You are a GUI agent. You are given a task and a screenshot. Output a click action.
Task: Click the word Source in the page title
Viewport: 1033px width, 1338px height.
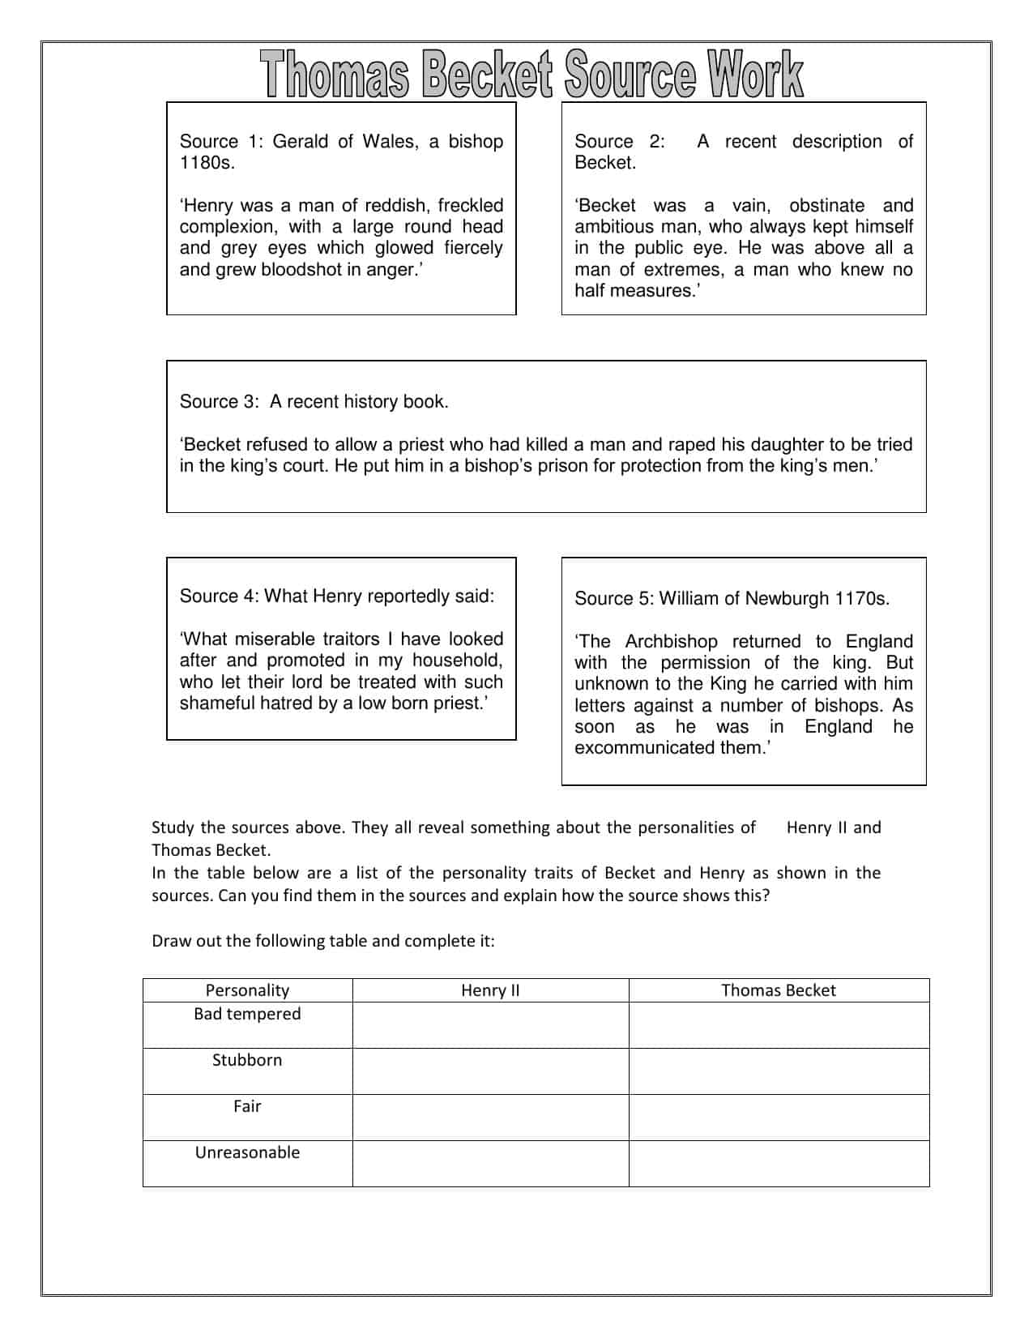[x=630, y=75]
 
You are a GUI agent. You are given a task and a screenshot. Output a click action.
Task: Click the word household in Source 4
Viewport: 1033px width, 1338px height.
[x=457, y=660]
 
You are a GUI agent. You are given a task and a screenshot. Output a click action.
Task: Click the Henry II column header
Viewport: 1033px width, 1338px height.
[x=490, y=990]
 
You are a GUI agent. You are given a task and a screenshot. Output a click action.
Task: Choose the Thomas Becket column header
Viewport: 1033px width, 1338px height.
[x=778, y=990]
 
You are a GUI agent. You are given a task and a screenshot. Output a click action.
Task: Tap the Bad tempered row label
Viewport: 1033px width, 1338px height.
[x=247, y=1015]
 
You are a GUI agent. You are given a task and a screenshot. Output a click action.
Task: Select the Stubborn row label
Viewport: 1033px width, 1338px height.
[x=247, y=1061]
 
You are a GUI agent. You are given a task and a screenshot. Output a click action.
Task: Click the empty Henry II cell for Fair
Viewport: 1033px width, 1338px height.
[x=490, y=1118]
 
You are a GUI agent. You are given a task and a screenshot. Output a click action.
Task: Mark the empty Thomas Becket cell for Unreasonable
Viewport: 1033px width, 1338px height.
[x=778, y=1164]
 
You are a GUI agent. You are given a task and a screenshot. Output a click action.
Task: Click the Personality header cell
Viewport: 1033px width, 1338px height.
[x=247, y=990]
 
